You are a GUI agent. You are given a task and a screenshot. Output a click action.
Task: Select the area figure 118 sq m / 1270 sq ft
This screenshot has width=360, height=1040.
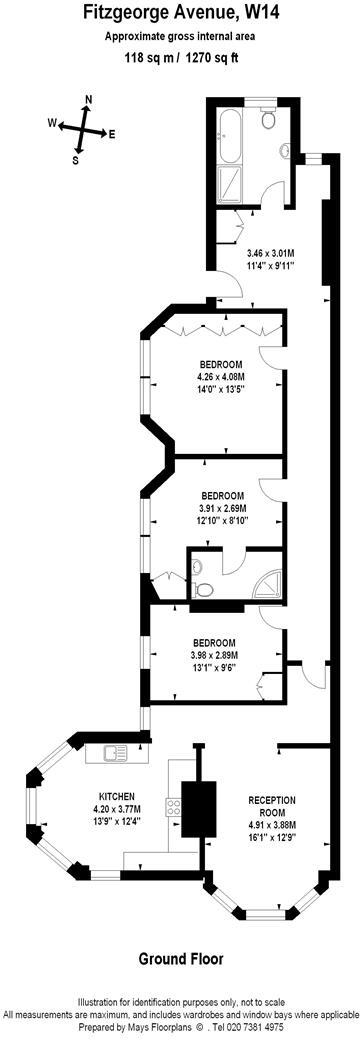coord(180,58)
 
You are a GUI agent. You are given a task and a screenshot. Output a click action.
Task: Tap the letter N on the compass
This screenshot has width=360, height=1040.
coord(89,100)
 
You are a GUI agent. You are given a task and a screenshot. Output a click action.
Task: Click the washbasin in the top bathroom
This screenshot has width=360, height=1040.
coord(287,153)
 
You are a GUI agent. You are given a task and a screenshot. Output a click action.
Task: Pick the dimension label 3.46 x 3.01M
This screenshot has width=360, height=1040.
coord(277,254)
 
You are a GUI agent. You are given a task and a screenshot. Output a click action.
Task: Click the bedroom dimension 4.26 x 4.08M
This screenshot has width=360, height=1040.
coord(221,376)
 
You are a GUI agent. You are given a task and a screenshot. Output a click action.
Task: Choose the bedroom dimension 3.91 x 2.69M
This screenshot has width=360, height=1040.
coord(222,508)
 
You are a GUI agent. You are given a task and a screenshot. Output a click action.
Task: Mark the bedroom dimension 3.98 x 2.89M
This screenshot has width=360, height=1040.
coord(214,655)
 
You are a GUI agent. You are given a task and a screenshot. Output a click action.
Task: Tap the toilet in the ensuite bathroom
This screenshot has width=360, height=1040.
coord(198,567)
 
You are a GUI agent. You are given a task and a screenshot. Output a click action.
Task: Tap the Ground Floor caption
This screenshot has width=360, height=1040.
coord(181,958)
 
